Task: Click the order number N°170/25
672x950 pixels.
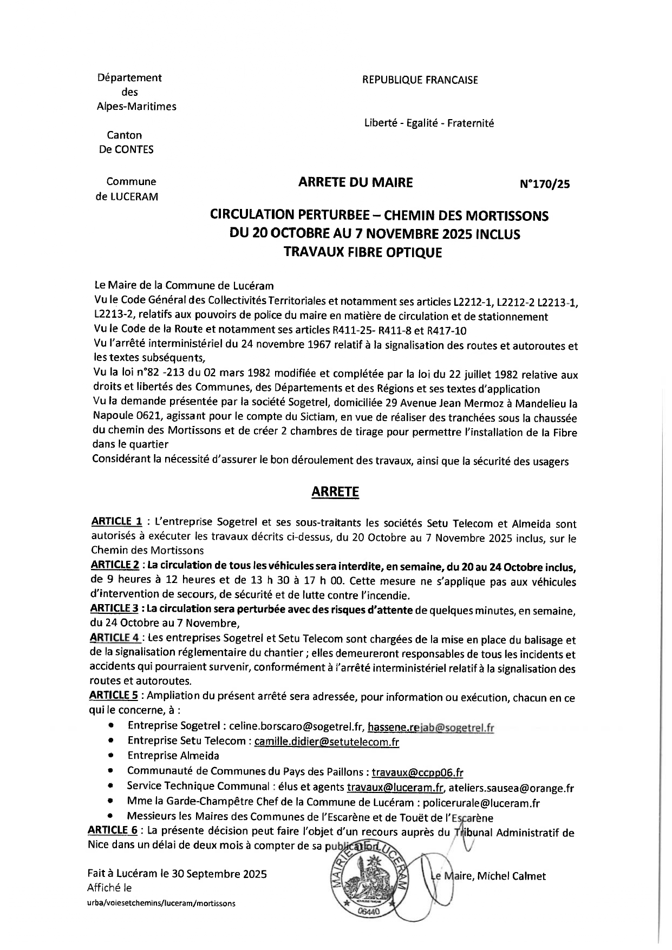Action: [x=544, y=185]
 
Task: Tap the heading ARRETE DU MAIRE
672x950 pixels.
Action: [x=355, y=183]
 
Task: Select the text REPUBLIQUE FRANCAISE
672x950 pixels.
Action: [x=420, y=80]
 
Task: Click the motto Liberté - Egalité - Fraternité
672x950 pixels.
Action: [x=429, y=123]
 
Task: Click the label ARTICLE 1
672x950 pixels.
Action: [x=117, y=522]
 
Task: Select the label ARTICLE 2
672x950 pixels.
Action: [x=115, y=566]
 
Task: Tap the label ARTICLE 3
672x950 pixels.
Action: [x=115, y=609]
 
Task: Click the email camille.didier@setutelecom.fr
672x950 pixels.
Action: [x=327, y=742]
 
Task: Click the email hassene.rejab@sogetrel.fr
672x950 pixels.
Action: [x=430, y=728]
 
